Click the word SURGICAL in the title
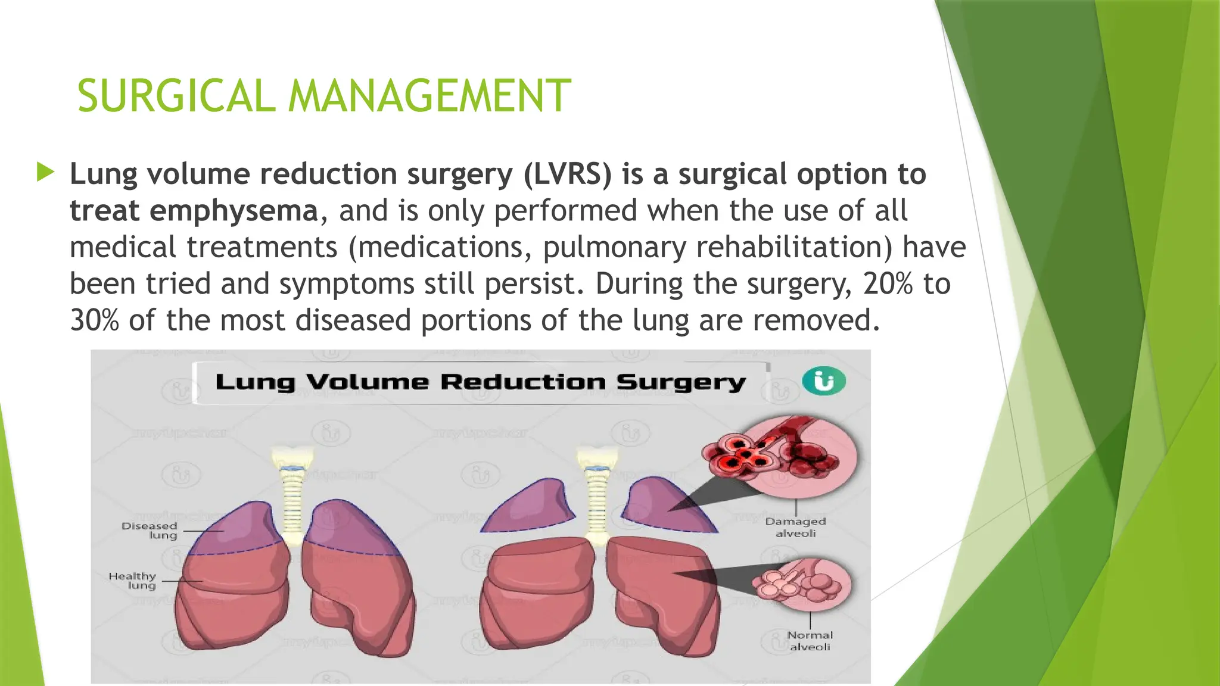(176, 96)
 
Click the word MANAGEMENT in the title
(430, 96)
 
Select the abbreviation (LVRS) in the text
(568, 174)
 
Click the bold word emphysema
(234, 211)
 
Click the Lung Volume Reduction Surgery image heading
(480, 382)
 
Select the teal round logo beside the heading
(824, 381)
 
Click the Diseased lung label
(150, 530)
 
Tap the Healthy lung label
(133, 581)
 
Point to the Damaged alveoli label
(795, 527)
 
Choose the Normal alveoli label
(810, 641)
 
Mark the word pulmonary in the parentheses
(614, 247)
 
